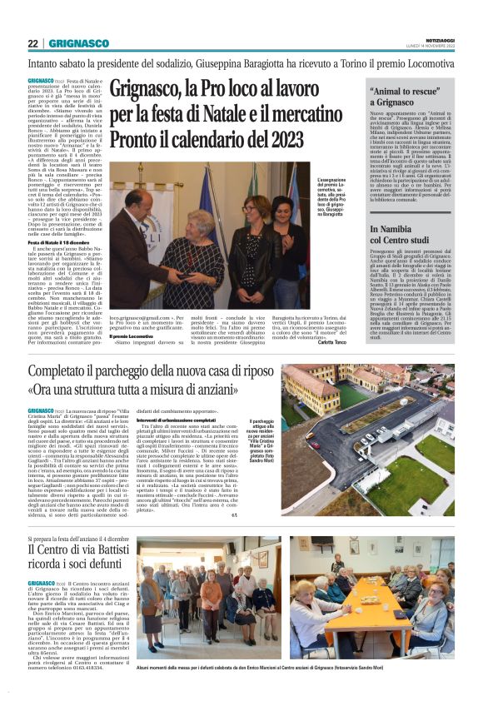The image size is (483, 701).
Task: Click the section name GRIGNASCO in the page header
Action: (x=78, y=43)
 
